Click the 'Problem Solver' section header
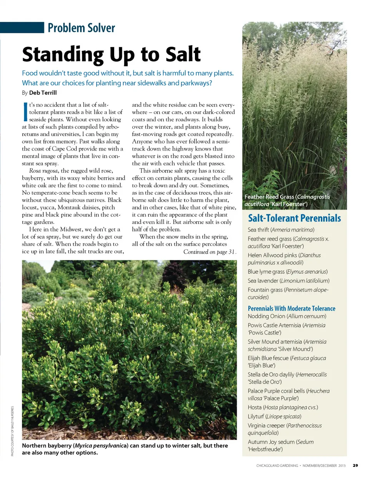pos(81,28)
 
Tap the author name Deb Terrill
pos(43,93)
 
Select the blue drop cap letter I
pos(25,112)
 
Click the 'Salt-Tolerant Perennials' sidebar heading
pos(294,218)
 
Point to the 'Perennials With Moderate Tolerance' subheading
pos(291,308)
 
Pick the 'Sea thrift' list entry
pos(281,230)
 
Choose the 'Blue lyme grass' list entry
pos(288,271)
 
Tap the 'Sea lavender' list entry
pos(288,281)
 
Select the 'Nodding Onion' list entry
pos(287,316)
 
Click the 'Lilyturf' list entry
pos(274,416)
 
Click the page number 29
pos(355,465)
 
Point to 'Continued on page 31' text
pos(209,252)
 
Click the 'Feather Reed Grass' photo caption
pos(287,200)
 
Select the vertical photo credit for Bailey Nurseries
pos(12,431)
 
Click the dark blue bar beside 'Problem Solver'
pos(22,28)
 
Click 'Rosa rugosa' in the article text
pos(43,170)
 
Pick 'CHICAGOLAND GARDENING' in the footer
pos(277,465)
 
